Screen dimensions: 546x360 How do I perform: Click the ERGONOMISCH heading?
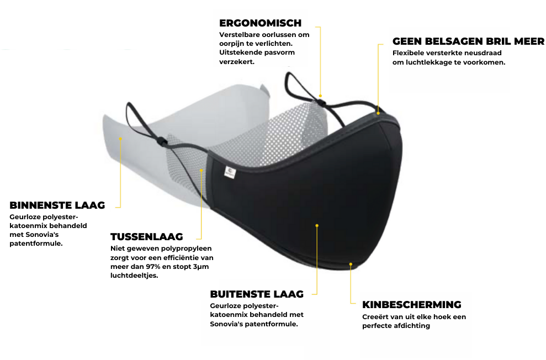260,23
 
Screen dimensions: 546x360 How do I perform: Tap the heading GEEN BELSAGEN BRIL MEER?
468,41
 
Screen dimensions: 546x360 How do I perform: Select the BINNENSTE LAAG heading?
57,205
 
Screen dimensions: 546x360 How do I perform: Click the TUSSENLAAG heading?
146,237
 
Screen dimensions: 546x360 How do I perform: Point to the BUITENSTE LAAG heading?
257,294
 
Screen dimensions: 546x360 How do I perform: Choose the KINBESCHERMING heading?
411,304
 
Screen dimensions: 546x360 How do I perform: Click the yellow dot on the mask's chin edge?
351,264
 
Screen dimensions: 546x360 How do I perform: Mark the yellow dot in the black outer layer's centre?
317,225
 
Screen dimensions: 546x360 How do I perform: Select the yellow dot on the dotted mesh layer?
202,170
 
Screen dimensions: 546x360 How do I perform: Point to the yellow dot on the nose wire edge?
378,113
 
